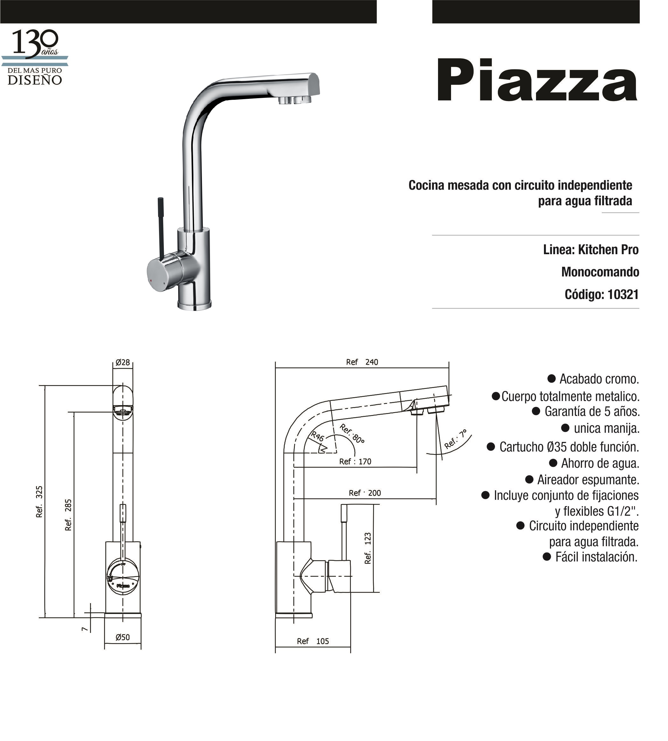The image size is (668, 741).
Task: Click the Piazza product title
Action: tap(536, 81)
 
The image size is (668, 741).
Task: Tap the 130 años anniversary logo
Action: tap(35, 57)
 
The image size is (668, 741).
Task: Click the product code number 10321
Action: tap(623, 295)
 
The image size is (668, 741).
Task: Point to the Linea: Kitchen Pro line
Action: tap(591, 250)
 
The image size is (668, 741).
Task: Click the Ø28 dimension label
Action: tap(122, 362)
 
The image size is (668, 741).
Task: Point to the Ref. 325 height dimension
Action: tap(39, 502)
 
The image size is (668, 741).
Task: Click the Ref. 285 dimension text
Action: tap(68, 515)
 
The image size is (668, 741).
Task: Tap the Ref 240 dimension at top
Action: tap(362, 362)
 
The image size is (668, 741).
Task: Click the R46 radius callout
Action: tap(317, 436)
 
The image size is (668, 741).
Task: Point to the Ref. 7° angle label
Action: tap(456, 439)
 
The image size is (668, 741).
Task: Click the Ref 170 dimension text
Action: tap(355, 462)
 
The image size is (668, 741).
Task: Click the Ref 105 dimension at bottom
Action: tap(313, 641)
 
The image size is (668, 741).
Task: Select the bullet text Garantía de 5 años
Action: tap(592, 411)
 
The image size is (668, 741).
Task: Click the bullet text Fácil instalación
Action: tap(596, 557)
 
